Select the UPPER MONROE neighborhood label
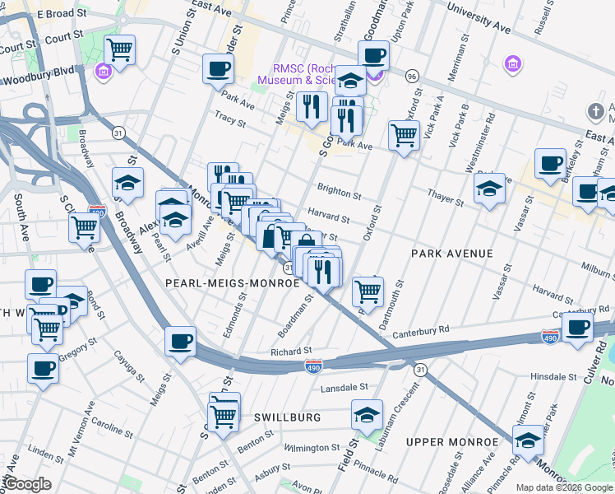tap(452, 442)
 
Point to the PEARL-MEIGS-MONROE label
tap(233, 282)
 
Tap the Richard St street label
tap(291, 352)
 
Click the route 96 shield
tap(412, 75)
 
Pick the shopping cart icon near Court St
tap(120, 51)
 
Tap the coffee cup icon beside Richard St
tap(181, 341)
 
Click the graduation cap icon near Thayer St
tap(489, 189)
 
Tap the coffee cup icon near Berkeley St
tap(550, 163)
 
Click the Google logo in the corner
tap(28, 484)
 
